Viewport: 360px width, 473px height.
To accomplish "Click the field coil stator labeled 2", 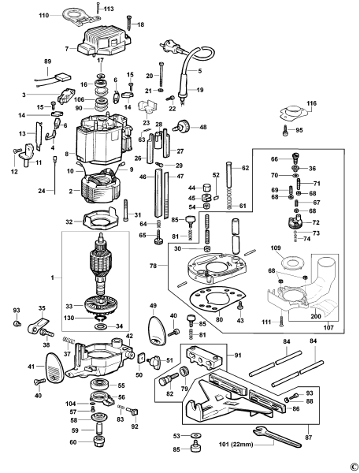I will [x=100, y=187].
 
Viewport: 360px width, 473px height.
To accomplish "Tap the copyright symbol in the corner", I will [x=354, y=466].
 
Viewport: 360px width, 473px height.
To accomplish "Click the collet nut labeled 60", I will [x=100, y=441].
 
